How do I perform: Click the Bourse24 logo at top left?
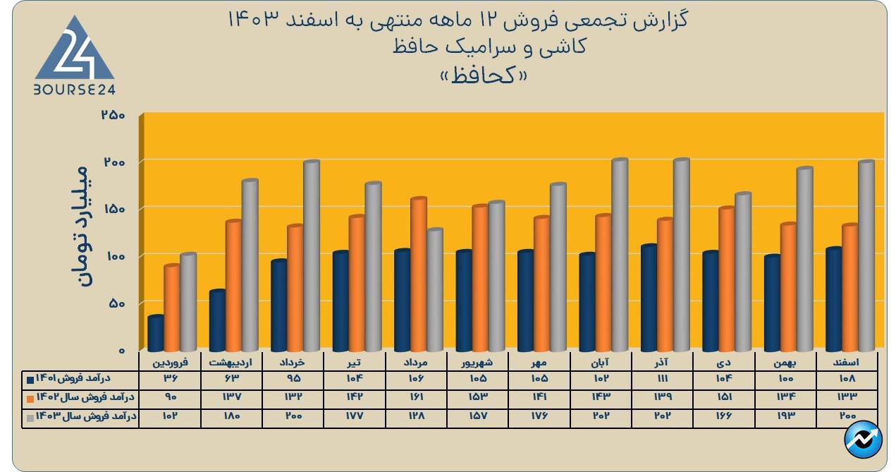point(74,55)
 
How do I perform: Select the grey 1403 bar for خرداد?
point(311,255)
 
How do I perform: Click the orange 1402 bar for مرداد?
point(419,274)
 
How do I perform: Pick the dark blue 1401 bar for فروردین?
point(156,333)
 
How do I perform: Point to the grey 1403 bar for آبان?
point(620,255)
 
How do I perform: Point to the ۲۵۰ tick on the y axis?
point(113,115)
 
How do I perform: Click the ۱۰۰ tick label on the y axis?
point(113,255)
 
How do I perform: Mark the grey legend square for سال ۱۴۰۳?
point(30,418)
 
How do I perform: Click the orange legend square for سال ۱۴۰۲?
point(30,399)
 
